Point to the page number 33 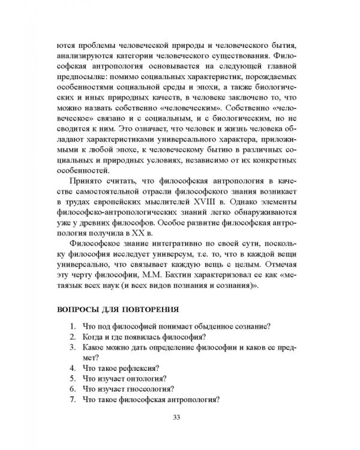coord(176,418)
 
